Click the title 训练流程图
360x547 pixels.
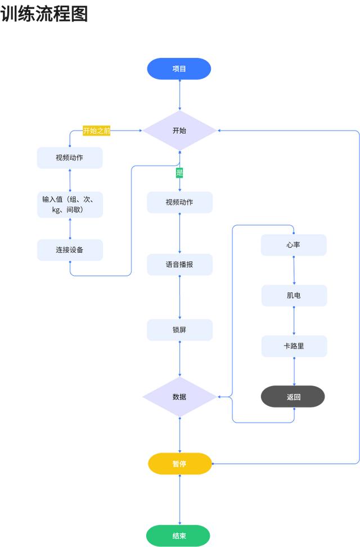click(x=44, y=14)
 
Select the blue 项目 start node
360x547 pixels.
click(x=179, y=69)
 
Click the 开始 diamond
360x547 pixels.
click(x=179, y=131)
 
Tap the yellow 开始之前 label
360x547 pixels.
click(x=97, y=131)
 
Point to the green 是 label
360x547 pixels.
click(x=180, y=172)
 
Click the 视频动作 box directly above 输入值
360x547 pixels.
click(x=70, y=158)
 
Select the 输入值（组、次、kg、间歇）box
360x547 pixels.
click(x=70, y=205)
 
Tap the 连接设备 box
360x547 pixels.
click(x=70, y=250)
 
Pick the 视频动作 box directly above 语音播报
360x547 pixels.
click(x=179, y=203)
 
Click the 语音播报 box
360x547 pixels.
click(x=179, y=264)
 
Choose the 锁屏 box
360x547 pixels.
click(x=179, y=330)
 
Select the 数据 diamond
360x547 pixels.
click(x=179, y=397)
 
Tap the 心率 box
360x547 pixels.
click(x=294, y=245)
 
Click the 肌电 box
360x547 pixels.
click(x=294, y=295)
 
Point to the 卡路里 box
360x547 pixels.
click(x=294, y=346)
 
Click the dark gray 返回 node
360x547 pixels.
click(x=293, y=396)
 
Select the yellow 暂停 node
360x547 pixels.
click(x=179, y=464)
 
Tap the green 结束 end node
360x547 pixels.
click(x=178, y=536)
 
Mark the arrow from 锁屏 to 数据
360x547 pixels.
click(x=180, y=358)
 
